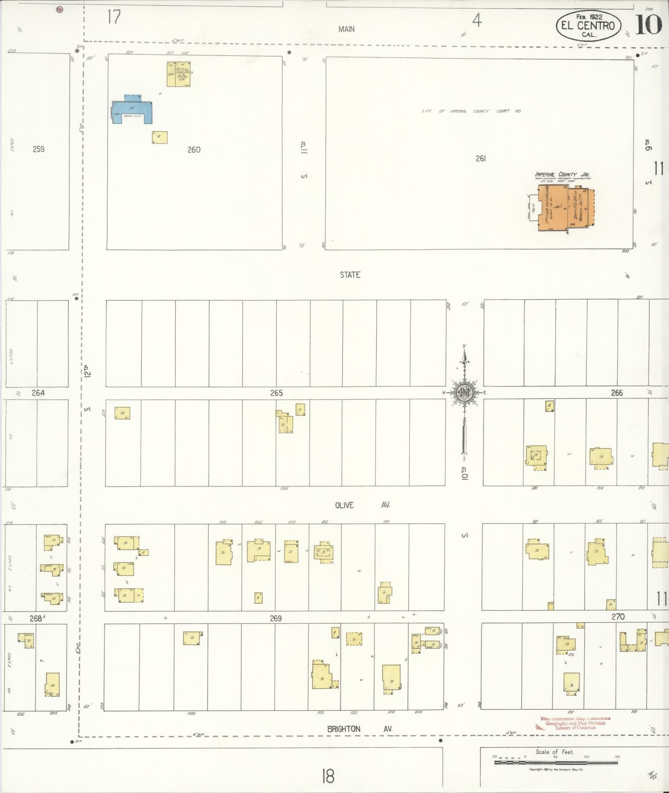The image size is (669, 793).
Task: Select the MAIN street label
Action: (346, 29)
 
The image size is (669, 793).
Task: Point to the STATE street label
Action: (350, 275)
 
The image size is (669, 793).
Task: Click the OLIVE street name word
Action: (344, 505)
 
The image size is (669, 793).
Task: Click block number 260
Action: (194, 150)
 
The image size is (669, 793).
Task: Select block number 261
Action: (480, 158)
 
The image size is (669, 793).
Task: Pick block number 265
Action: (276, 393)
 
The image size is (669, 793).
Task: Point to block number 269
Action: (276, 618)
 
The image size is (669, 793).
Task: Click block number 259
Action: (39, 149)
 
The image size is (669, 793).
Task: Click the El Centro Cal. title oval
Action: (588, 26)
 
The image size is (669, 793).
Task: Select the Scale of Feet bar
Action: (555, 762)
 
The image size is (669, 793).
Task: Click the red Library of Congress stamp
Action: (574, 723)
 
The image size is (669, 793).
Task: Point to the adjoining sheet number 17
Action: (114, 17)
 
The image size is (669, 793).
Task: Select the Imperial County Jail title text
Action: (562, 175)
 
